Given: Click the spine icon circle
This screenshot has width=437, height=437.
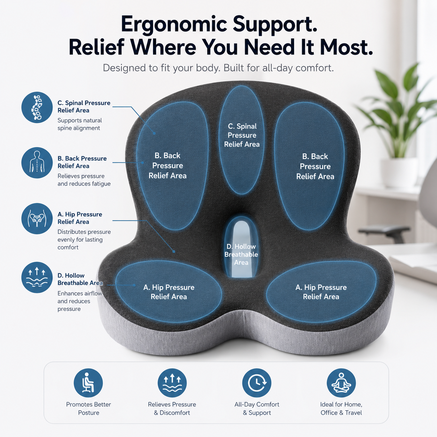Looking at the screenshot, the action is [x=37, y=107].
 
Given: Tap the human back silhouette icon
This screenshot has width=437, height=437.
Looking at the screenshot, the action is [x=37, y=163].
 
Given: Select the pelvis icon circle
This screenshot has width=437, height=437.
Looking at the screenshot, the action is [x=37, y=219].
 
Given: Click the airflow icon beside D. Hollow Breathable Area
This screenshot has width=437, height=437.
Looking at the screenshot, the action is [x=37, y=277].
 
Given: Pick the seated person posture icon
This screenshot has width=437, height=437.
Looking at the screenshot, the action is [x=88, y=383].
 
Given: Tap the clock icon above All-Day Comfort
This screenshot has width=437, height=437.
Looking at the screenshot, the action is [x=257, y=383].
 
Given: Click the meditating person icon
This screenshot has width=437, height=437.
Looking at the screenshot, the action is [x=341, y=383].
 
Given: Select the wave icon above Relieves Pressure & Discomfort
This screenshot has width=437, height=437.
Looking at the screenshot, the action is [x=172, y=383].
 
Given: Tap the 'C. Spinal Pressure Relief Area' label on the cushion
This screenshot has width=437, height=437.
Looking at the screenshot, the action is [x=242, y=135].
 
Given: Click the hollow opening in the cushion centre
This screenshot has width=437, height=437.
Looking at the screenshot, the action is [x=241, y=248].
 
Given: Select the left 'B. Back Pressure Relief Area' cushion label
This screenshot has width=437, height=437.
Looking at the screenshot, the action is [x=168, y=166].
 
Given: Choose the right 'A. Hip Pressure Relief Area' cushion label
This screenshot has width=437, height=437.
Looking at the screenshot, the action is [x=321, y=292].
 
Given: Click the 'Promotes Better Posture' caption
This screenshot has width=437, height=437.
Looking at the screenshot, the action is [x=89, y=408].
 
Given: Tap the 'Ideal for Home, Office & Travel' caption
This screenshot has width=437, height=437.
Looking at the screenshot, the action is [x=341, y=408].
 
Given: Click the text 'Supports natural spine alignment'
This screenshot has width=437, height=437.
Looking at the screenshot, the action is [x=79, y=124].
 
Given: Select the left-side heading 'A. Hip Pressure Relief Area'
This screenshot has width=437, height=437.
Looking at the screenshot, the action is [x=80, y=218].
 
